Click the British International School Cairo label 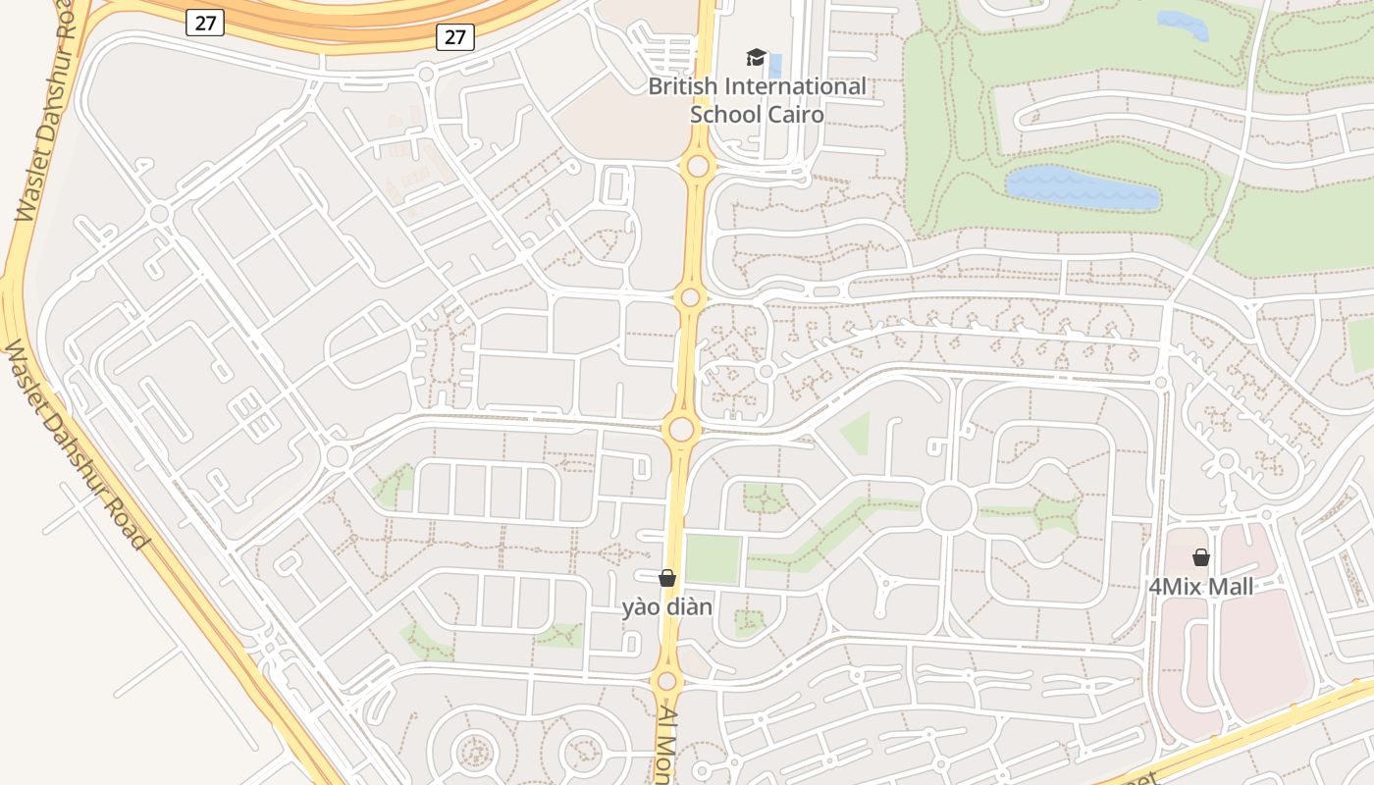pos(757,100)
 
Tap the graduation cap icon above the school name pos(756,58)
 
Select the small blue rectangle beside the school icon pos(776,67)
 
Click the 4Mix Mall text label pos(1201,587)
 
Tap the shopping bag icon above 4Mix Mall pos(1201,558)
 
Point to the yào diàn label pos(667,606)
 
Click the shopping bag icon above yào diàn pos(667,578)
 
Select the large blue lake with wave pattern pos(1083,188)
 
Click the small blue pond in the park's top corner pos(1183,25)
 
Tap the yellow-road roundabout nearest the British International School pos(698,166)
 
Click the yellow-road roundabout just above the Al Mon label pos(667,681)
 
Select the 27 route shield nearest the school pos(455,37)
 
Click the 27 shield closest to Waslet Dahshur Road pos(205,23)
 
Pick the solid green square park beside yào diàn pos(713,560)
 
